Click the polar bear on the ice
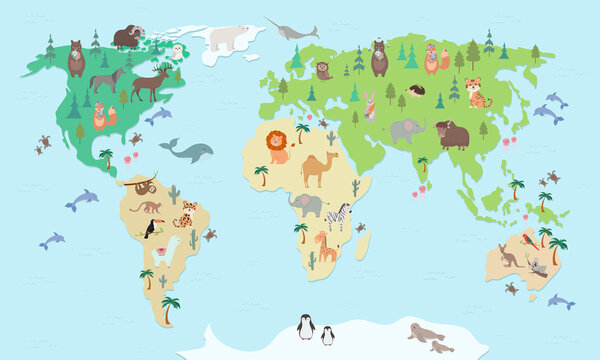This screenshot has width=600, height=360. pyautogui.click(x=227, y=38)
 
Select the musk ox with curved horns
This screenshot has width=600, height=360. pyautogui.click(x=128, y=38)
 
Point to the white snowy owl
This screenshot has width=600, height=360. pyautogui.click(x=177, y=51)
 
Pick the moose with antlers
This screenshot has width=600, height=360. pyautogui.click(x=150, y=81)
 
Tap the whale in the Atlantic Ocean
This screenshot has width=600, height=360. pyautogui.click(x=189, y=151)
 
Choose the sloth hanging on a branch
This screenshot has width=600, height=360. pyautogui.click(x=142, y=185)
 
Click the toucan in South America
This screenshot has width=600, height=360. pyautogui.click(x=152, y=229)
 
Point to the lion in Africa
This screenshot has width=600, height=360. pyautogui.click(x=277, y=149)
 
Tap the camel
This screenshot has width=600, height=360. pyautogui.click(x=318, y=169)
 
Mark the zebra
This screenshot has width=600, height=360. pyautogui.click(x=339, y=215)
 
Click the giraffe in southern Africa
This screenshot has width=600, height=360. pyautogui.click(x=326, y=246)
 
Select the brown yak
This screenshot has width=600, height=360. pyautogui.click(x=453, y=133)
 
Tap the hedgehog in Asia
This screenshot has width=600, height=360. pyautogui.click(x=417, y=91)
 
